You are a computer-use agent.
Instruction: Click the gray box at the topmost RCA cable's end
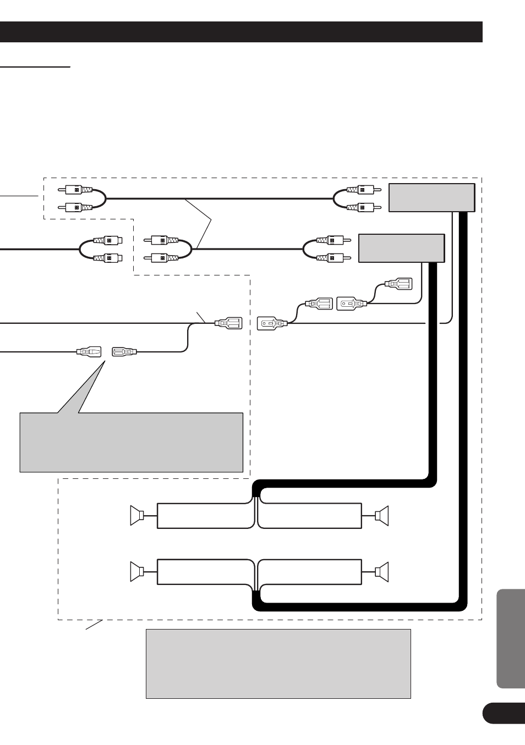(x=431, y=197)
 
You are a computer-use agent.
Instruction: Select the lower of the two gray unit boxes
(x=401, y=248)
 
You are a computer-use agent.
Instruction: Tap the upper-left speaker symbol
(x=137, y=515)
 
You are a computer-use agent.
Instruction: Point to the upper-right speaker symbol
(x=382, y=515)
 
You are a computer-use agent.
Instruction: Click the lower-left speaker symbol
(x=137, y=572)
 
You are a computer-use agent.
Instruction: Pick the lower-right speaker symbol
(x=382, y=572)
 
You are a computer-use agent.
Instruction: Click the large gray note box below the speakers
(x=278, y=664)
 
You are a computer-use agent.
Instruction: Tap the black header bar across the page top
(x=241, y=32)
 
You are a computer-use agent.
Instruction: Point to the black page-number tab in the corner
(x=504, y=713)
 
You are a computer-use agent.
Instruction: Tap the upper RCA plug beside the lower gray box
(x=330, y=240)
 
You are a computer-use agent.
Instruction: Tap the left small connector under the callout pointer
(x=89, y=351)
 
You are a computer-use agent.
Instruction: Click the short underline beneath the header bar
(x=35, y=67)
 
